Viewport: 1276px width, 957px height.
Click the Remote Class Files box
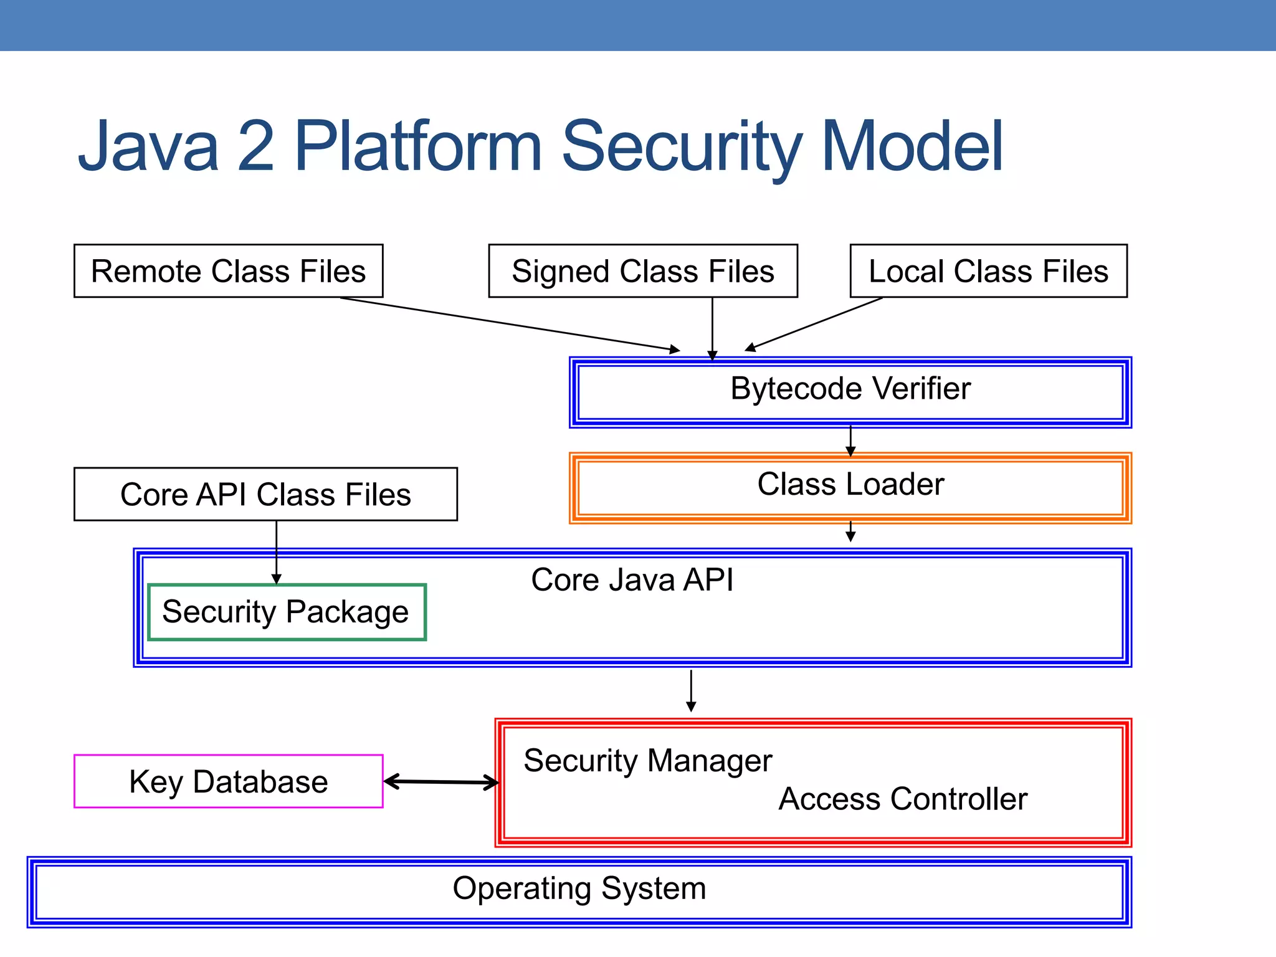pos(228,271)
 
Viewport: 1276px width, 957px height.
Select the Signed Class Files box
pos(642,271)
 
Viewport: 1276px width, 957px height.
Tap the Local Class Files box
pos(988,271)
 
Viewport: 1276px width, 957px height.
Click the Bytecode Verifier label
pos(850,389)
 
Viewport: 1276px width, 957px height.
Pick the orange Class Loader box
pos(850,487)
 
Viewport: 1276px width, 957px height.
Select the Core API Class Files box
pos(265,494)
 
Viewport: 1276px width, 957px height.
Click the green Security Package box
pos(287,612)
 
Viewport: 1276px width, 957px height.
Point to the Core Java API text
pos(632,579)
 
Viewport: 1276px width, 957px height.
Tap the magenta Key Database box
pos(228,781)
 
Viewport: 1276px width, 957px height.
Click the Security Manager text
pos(647,761)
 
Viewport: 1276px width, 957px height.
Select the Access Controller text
pos(903,799)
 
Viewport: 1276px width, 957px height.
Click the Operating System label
pos(579,888)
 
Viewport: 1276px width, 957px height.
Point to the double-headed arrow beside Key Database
pos(440,781)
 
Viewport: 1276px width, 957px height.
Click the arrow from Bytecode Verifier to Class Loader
pos(850,441)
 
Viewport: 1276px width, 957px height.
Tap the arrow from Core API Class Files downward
pos(277,551)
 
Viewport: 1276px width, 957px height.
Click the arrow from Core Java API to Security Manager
pos(691,690)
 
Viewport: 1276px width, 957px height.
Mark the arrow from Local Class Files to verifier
pos(814,324)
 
